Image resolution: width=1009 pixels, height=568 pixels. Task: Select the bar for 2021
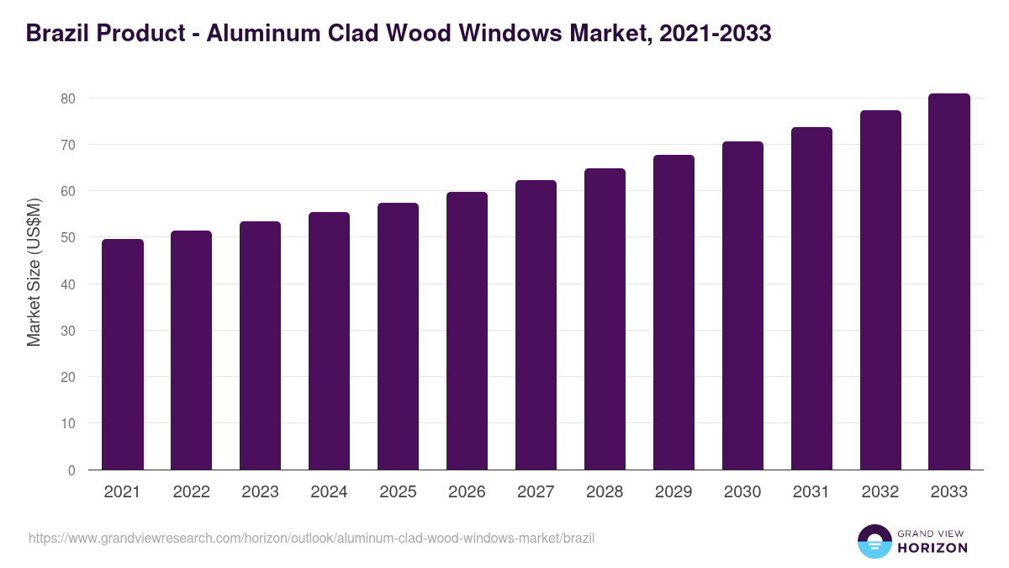tap(123, 354)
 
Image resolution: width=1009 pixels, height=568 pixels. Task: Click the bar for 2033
tap(949, 282)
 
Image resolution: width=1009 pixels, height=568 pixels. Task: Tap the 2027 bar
tap(536, 325)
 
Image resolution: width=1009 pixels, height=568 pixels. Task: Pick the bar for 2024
tap(329, 341)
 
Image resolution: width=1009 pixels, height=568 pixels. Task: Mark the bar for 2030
tap(742, 305)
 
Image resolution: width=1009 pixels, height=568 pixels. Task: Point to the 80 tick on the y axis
tap(68, 98)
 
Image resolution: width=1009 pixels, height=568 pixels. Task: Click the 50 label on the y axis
tap(68, 238)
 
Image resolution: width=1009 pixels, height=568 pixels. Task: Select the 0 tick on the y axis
tap(71, 470)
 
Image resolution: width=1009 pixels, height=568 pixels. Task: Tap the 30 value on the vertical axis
tap(68, 331)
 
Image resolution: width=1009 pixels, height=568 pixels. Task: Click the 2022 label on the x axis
tap(191, 492)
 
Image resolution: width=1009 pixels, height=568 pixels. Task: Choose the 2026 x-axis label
tap(467, 492)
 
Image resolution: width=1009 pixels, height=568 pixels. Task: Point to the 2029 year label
tap(674, 492)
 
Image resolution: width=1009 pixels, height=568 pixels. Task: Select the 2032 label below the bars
tap(880, 492)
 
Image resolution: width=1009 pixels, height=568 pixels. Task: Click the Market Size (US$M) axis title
tap(34, 271)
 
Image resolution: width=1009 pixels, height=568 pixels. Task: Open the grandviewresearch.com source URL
tap(311, 538)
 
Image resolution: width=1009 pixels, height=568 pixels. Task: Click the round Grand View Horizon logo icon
tap(874, 541)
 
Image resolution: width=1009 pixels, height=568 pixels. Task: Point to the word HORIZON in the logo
tap(933, 548)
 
